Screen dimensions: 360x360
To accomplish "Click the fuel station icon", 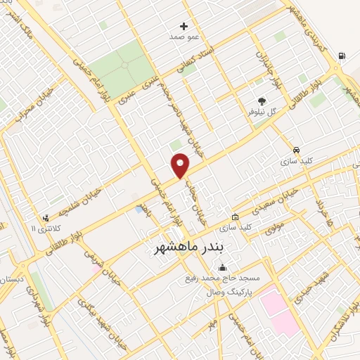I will pos(342,56).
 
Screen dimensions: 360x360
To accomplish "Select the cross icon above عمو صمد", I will pos(185,25).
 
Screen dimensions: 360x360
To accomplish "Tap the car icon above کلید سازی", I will pos(297,150).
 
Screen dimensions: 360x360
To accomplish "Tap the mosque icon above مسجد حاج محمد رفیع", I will pos(223,267).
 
